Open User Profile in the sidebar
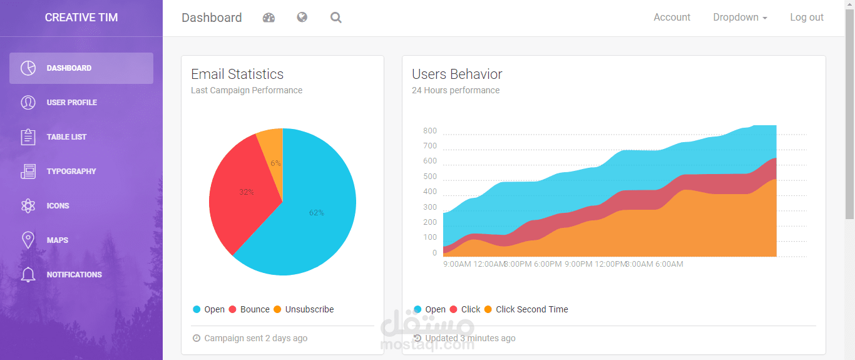pyautogui.click(x=71, y=103)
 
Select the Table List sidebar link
pyautogui.click(x=66, y=137)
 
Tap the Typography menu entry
pyautogui.click(x=71, y=172)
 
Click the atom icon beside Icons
pyautogui.click(x=28, y=206)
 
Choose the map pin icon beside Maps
pyautogui.click(x=28, y=240)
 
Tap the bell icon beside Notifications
pyautogui.click(x=28, y=275)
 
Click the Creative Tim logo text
pyautogui.click(x=81, y=18)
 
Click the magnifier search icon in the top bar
pyautogui.click(x=336, y=18)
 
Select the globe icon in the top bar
pyautogui.click(x=302, y=18)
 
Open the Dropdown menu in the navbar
pyautogui.click(x=740, y=18)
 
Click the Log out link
pyautogui.click(x=807, y=18)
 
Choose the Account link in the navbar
pyautogui.click(x=672, y=18)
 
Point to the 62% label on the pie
pyautogui.click(x=317, y=213)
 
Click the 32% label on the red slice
pyautogui.click(x=247, y=192)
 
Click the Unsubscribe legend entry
pyautogui.click(x=309, y=309)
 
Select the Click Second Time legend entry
pyautogui.click(x=531, y=309)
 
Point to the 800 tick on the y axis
pyautogui.click(x=430, y=131)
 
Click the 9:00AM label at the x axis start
pyautogui.click(x=457, y=264)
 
